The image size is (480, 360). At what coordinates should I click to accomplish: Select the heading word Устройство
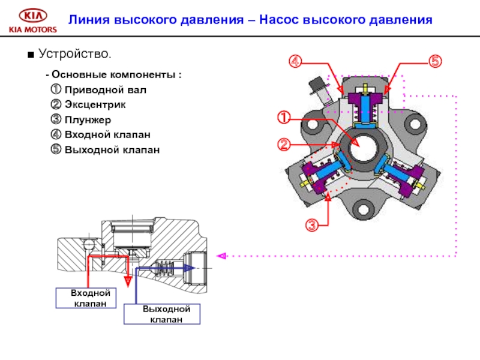[74, 54]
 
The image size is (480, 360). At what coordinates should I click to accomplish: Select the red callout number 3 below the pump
[311, 226]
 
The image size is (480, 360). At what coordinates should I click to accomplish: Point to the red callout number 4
[295, 61]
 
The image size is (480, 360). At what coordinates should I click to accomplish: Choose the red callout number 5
[435, 61]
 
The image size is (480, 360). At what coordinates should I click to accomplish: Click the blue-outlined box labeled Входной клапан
[91, 298]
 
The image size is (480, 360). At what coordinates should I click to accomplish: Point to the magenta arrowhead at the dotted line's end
[221, 256]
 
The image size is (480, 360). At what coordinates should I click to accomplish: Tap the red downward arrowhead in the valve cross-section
[127, 280]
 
